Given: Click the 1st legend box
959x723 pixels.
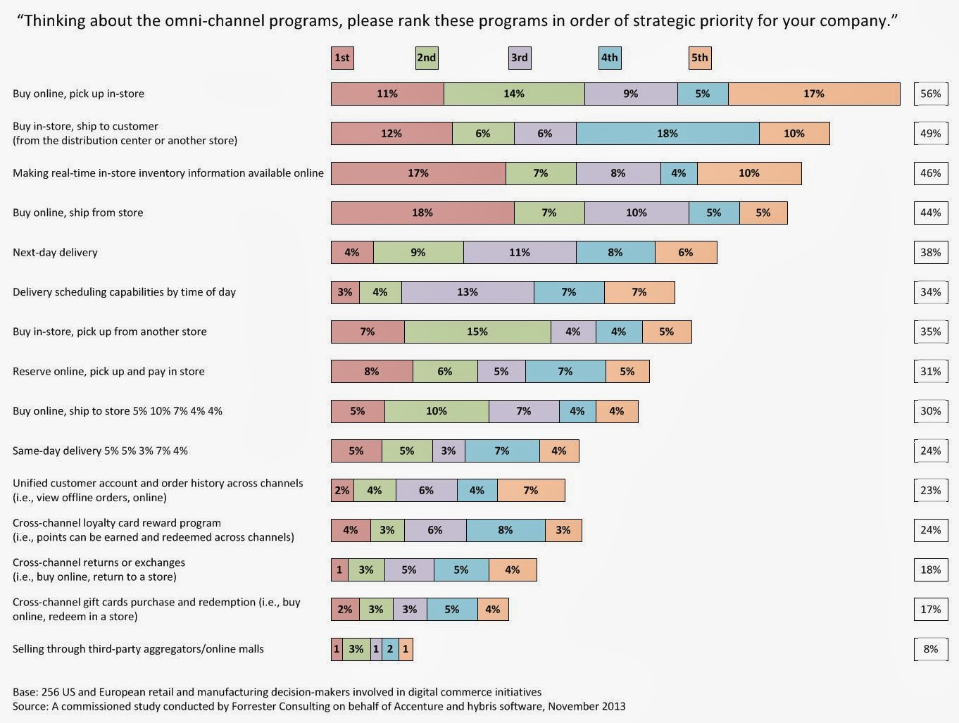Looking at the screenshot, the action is [x=342, y=58].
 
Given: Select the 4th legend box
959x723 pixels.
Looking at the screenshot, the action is [x=610, y=58].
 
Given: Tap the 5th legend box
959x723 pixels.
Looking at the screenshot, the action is [x=700, y=58].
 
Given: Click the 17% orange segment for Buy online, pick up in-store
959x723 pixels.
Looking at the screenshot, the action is [x=814, y=94].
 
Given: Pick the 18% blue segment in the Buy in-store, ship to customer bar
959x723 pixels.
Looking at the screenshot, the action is [x=667, y=133].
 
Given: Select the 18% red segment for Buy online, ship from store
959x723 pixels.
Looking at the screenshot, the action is [x=422, y=213].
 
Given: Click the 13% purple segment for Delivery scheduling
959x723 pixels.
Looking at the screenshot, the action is [x=468, y=292].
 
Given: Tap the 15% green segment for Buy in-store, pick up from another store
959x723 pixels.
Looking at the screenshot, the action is [x=477, y=332].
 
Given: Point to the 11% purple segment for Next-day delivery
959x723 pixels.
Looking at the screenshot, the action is [x=520, y=253].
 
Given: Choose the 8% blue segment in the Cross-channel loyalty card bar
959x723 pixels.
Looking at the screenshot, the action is [x=506, y=530].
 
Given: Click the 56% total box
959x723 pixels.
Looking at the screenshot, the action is [x=931, y=94].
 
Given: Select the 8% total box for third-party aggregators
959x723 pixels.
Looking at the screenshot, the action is [x=931, y=649].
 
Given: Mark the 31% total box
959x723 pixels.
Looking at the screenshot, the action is [x=931, y=371].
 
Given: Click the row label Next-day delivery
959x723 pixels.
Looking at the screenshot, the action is [x=55, y=253].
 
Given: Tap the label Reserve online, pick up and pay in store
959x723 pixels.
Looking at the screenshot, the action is [x=108, y=371].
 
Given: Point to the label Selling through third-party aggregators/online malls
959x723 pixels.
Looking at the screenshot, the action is [x=138, y=649].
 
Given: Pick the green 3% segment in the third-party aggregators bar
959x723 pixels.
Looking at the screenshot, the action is [x=356, y=649].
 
